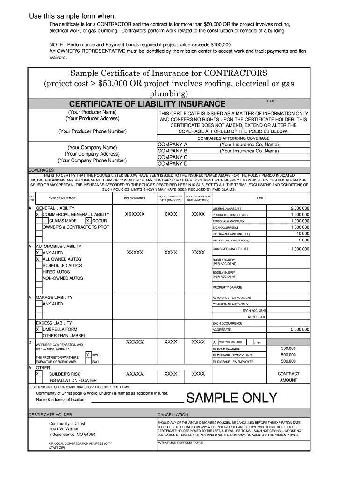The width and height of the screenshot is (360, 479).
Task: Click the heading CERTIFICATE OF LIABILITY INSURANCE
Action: pyautogui.click(x=147, y=104)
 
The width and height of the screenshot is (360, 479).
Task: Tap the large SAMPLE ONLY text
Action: pyautogui.click(x=231, y=398)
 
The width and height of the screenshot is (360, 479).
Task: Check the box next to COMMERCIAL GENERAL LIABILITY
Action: pyautogui.click(x=38, y=214)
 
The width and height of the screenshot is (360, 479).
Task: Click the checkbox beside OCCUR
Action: pyautogui.click(x=88, y=221)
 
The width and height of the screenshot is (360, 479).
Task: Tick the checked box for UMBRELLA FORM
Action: pyautogui.click(x=38, y=329)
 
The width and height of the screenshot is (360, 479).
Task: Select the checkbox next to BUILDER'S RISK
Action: pyautogui.click(x=38, y=374)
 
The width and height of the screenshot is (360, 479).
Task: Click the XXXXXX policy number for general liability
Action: pyautogui.click(x=135, y=214)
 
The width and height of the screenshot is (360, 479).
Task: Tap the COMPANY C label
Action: pyautogui.click(x=173, y=157)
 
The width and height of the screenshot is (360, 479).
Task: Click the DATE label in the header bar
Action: pyautogui.click(x=271, y=101)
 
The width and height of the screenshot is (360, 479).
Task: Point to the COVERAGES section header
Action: pyautogui.click(x=41, y=170)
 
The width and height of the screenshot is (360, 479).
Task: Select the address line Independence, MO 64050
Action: pyautogui.click(x=72, y=434)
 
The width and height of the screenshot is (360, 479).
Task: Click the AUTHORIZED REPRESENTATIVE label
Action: pyautogui.click(x=180, y=443)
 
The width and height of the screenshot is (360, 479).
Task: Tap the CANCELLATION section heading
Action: pyautogui.click(x=173, y=414)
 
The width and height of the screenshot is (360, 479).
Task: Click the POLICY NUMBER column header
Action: pyautogui.click(x=135, y=198)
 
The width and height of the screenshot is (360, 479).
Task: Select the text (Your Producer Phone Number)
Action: pyautogui.click(x=92, y=131)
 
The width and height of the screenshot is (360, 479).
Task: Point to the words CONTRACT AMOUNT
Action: pyautogui.click(x=288, y=377)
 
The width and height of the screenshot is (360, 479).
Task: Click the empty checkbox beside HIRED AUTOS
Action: pyautogui.click(x=38, y=272)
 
